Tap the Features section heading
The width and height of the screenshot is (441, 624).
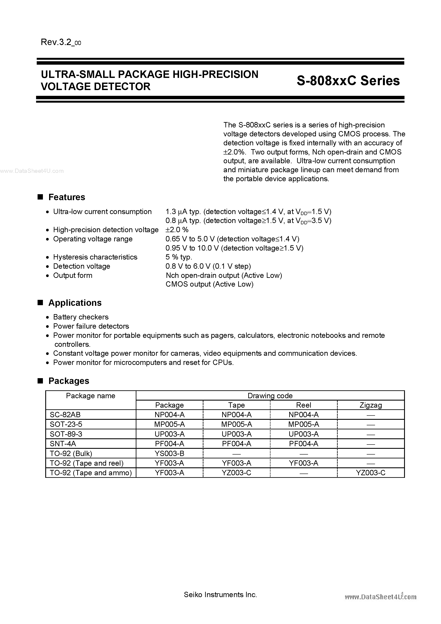66,197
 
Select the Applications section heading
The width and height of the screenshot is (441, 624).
75,303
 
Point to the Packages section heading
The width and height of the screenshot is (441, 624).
69,381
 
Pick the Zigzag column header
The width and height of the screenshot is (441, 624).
371,405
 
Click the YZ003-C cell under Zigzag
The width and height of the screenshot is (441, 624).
371,473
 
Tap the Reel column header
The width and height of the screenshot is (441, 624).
303,405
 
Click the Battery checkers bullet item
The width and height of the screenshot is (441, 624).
81,317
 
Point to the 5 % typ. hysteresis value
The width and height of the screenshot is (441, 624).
179,257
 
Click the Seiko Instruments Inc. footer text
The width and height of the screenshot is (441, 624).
220,595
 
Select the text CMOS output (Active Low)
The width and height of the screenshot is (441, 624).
209,284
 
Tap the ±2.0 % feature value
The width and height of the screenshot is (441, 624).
177,230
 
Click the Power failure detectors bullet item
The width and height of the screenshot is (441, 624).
91,326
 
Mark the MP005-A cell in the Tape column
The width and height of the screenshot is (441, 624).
237,424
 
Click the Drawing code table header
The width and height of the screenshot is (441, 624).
270,396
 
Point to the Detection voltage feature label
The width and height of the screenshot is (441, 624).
82,266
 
